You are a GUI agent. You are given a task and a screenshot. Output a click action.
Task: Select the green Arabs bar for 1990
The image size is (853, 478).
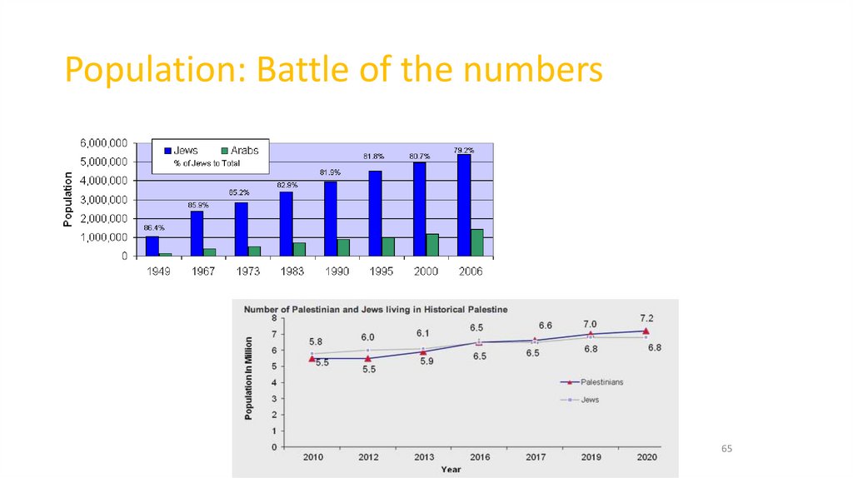click(x=344, y=247)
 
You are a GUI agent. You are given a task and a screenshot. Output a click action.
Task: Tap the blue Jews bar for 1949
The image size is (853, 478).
click(x=152, y=246)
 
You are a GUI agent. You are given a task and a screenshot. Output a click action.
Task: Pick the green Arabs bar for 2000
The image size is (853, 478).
click(x=433, y=245)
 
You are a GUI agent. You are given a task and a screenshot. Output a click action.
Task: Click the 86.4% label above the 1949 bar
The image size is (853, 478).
click(x=154, y=227)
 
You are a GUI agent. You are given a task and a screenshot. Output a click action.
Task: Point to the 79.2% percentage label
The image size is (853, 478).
click(x=464, y=150)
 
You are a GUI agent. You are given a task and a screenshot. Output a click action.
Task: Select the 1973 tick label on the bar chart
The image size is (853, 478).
click(x=247, y=271)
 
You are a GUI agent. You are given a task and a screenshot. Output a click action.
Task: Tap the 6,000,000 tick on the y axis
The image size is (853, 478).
click(x=103, y=142)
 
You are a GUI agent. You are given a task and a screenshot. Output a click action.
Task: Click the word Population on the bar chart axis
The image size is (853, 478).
click(x=68, y=200)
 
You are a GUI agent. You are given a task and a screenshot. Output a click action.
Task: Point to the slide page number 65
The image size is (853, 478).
click(x=726, y=449)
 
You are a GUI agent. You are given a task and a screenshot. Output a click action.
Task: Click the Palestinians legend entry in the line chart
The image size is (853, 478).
click(x=601, y=382)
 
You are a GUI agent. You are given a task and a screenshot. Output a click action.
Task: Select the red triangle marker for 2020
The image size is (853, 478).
click(x=646, y=331)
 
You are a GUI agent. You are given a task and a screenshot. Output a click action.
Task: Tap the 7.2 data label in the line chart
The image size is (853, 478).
click(x=646, y=318)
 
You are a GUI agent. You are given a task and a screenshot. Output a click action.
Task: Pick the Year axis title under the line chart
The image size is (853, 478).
click(x=451, y=470)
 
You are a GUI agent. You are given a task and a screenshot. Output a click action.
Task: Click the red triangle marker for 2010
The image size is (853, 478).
click(x=312, y=358)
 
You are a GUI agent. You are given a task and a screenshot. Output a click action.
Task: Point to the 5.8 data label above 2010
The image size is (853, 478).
click(x=316, y=341)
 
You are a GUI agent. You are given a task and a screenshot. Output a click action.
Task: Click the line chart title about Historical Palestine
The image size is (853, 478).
click(x=375, y=309)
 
